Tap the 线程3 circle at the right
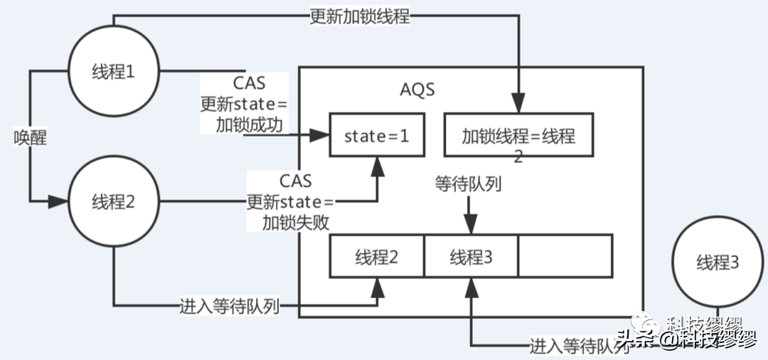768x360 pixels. [x=718, y=263]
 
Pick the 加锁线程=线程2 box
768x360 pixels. [x=518, y=135]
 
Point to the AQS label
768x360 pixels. [x=417, y=90]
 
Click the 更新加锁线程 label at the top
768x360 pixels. [x=360, y=16]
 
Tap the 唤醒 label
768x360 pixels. [x=30, y=137]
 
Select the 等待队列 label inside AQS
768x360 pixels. [x=469, y=184]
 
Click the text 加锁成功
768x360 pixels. [x=250, y=126]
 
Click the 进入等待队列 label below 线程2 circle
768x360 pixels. [x=229, y=307]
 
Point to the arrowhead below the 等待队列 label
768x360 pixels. [x=469, y=226]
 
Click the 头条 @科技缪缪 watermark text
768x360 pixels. [x=686, y=339]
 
